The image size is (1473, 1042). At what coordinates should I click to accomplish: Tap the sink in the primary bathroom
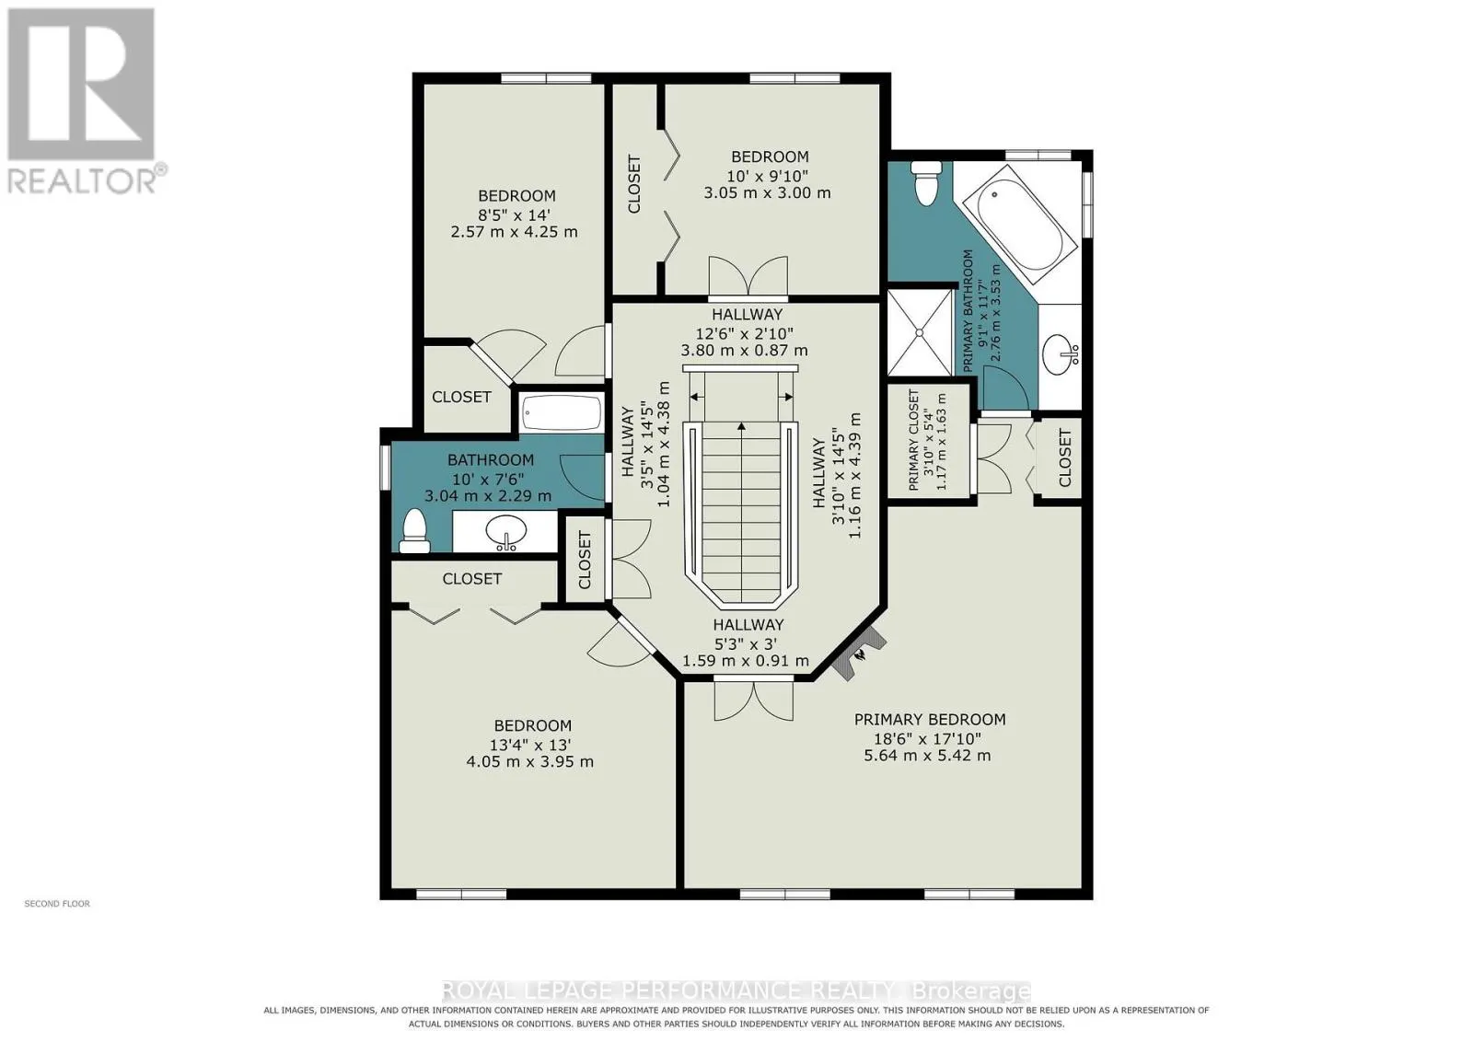1061,354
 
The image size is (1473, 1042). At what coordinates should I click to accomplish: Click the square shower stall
920,332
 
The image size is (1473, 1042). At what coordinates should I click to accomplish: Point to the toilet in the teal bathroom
415,530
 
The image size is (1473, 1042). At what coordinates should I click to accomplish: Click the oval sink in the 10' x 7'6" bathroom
506,532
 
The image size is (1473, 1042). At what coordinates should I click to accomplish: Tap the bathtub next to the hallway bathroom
562,413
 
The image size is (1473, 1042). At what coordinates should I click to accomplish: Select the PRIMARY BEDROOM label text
930,720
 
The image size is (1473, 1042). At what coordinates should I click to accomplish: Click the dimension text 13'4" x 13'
530,745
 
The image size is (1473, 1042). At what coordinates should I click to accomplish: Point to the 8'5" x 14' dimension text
515,214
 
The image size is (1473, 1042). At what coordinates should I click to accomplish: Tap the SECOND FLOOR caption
57,904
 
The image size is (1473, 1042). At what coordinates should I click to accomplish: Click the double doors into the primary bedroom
754,700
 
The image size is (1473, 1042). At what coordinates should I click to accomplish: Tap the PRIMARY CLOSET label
913,440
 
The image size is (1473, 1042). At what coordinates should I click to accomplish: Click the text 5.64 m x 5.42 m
927,756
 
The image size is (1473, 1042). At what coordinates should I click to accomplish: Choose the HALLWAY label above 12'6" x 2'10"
747,314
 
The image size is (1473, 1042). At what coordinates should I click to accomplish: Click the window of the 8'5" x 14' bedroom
546,78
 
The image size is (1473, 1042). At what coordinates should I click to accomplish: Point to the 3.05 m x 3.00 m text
768,193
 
